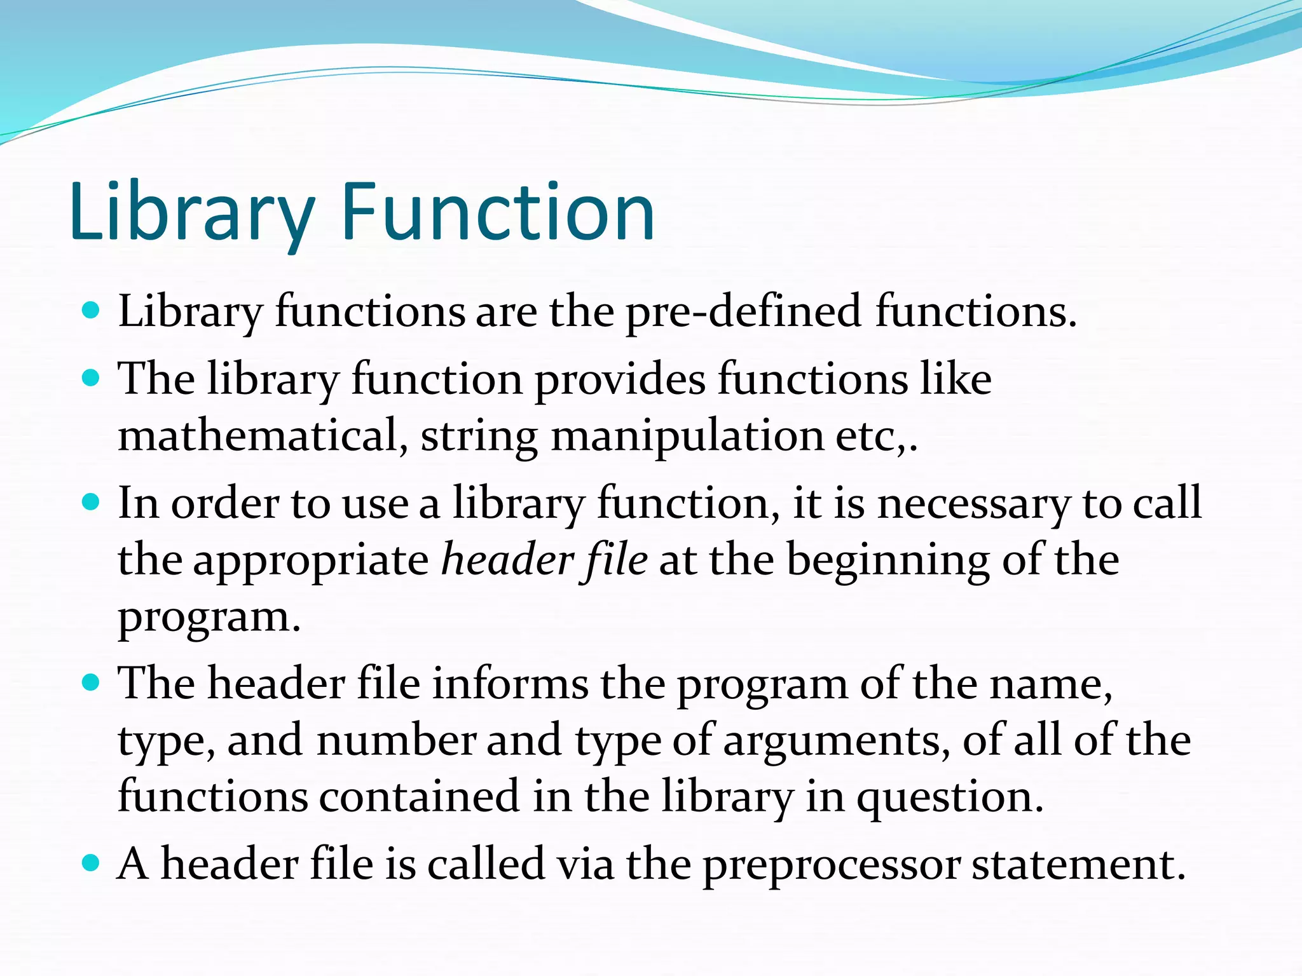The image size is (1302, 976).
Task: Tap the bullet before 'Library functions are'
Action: [x=92, y=311]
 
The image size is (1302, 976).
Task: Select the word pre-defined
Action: [x=743, y=313]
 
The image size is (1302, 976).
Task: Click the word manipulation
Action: [x=687, y=437]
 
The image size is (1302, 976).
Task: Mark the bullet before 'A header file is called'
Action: [x=92, y=863]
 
